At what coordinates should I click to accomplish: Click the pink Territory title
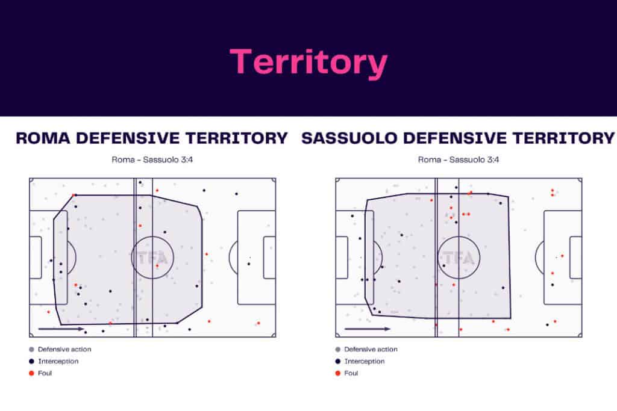click(308, 61)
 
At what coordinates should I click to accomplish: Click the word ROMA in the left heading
click(43, 138)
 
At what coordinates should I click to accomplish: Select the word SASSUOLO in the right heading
click(350, 138)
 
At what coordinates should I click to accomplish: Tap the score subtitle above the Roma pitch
click(152, 160)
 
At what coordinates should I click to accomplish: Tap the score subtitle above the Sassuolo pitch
click(459, 160)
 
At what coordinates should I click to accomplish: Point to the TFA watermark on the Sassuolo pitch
click(458, 258)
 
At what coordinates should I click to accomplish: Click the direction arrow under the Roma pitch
click(61, 329)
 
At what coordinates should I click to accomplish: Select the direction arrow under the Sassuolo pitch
click(367, 329)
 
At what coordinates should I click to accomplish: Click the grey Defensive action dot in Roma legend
click(31, 349)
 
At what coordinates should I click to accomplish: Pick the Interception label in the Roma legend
click(58, 361)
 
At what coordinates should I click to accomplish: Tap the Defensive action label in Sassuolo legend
click(371, 349)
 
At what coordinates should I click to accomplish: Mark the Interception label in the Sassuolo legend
click(364, 361)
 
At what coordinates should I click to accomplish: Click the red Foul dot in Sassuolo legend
click(337, 373)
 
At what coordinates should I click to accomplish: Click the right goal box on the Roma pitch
click(269, 258)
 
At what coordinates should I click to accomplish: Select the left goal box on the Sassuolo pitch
click(342, 258)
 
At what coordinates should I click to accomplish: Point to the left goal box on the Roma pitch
click(36, 258)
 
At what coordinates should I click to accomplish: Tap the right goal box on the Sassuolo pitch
click(575, 258)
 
